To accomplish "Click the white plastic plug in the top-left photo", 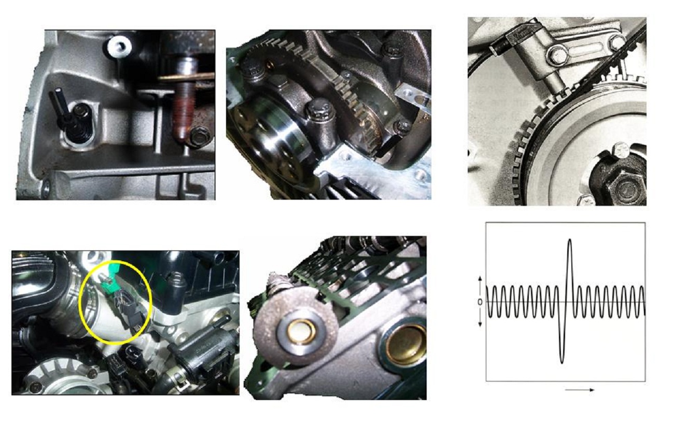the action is [119, 47].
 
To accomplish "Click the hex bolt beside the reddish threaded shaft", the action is [199, 137].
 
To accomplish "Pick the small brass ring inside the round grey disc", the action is [301, 332].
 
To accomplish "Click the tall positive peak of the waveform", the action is [569, 240].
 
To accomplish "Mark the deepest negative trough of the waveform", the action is [561, 362].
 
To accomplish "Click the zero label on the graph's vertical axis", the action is [480, 302].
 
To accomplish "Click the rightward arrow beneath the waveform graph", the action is [580, 390].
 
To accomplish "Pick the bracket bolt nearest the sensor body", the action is [559, 55].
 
